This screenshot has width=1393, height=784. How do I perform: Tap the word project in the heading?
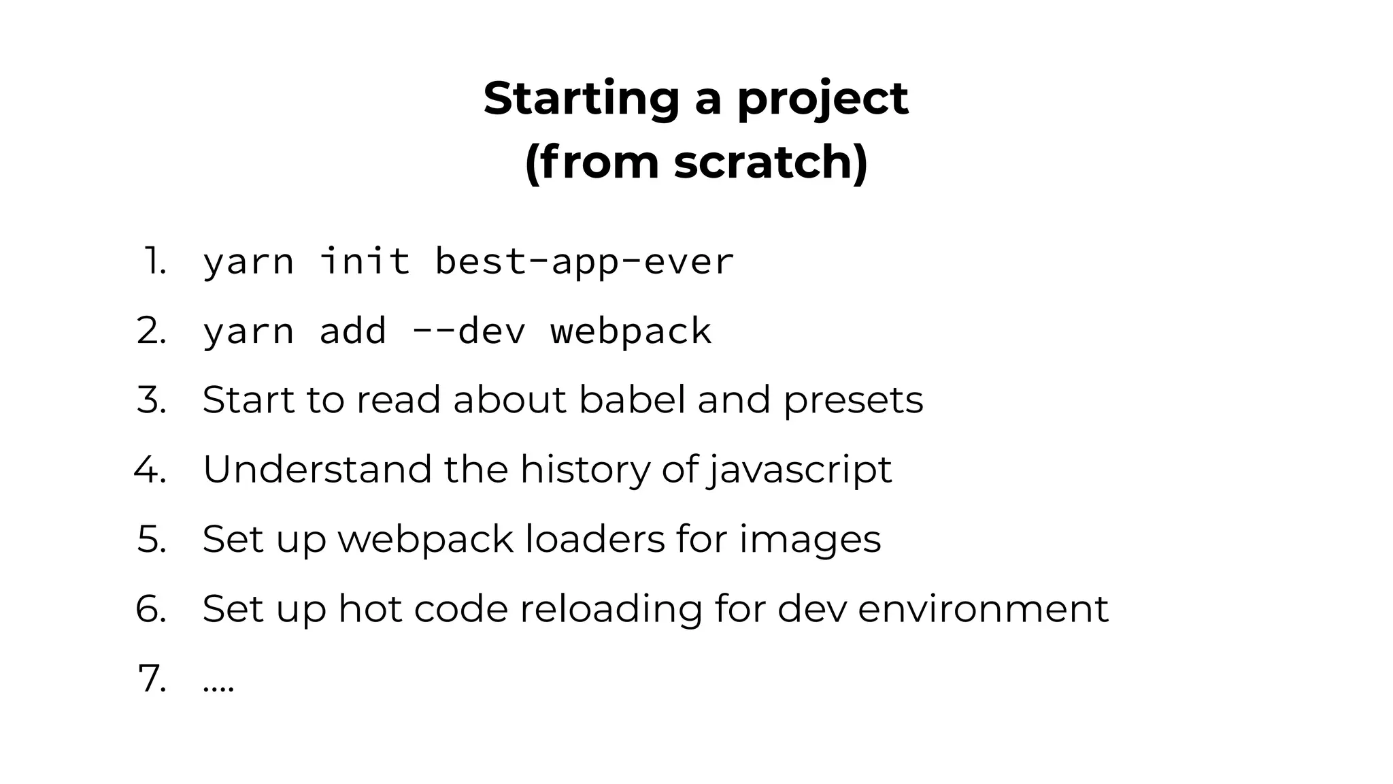point(823,99)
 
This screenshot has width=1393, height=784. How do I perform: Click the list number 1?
point(154,261)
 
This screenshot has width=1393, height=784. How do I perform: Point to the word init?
point(365,261)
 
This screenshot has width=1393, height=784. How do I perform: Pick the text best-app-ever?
point(584,261)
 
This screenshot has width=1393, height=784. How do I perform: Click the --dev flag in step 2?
point(469,331)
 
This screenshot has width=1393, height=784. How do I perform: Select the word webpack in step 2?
point(631,331)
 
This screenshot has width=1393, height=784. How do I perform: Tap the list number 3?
point(151,400)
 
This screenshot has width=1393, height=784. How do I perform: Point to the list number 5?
point(151,539)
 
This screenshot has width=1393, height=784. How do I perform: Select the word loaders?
point(595,539)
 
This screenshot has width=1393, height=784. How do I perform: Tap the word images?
point(809,540)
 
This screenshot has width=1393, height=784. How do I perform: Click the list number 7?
point(151,679)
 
